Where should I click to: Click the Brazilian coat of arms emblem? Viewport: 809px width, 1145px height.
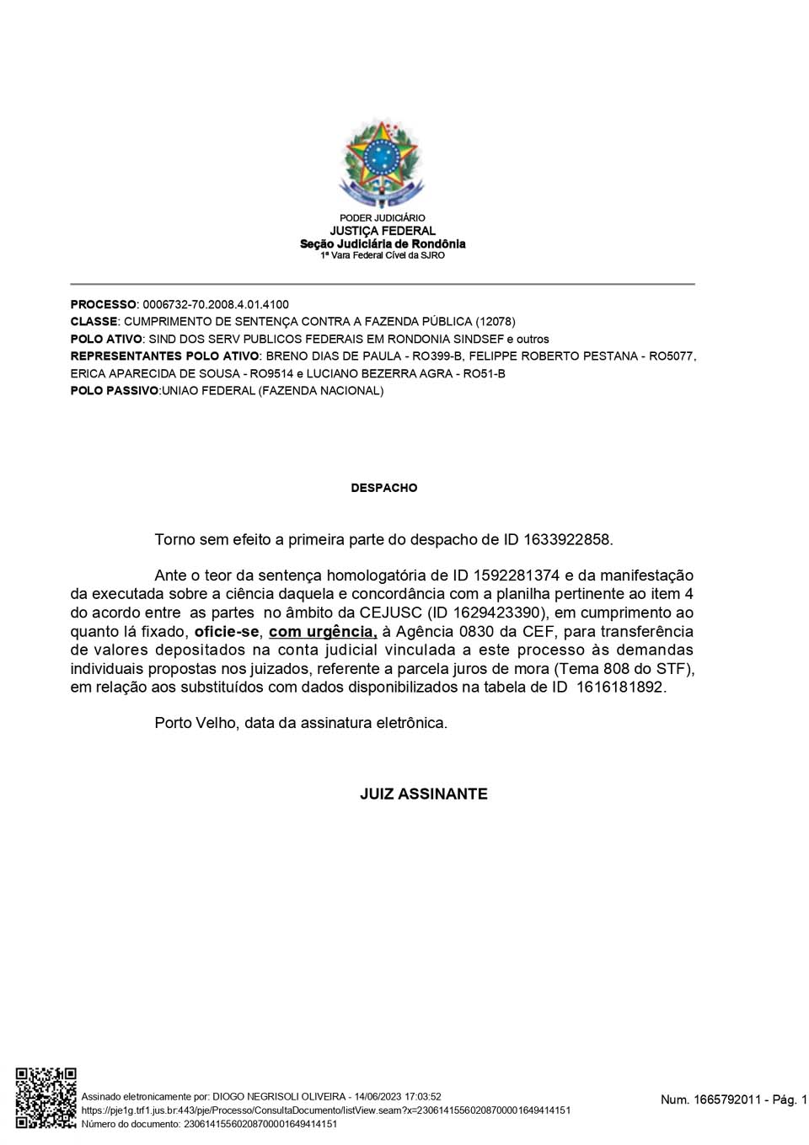[383, 163]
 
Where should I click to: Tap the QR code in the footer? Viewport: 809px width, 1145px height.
[46, 1098]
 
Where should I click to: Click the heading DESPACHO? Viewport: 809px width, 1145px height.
[383, 488]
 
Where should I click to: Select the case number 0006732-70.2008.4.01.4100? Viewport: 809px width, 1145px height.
[216, 304]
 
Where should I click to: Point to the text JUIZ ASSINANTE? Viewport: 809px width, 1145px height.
[423, 794]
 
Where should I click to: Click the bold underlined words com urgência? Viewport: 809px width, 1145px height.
[323, 632]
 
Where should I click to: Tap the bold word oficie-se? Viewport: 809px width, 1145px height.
[227, 632]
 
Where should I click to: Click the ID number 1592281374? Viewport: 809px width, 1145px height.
[516, 575]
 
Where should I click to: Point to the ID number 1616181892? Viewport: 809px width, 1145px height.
[620, 687]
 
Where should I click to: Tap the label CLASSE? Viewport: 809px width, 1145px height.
[94, 322]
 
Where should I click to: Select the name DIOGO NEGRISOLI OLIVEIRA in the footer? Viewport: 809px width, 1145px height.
[279, 1097]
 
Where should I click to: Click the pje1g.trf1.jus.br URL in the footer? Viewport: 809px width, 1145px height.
[325, 1110]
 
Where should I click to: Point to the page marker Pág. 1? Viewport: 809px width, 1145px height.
[790, 1100]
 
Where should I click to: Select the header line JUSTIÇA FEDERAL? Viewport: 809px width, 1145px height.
[383, 231]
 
